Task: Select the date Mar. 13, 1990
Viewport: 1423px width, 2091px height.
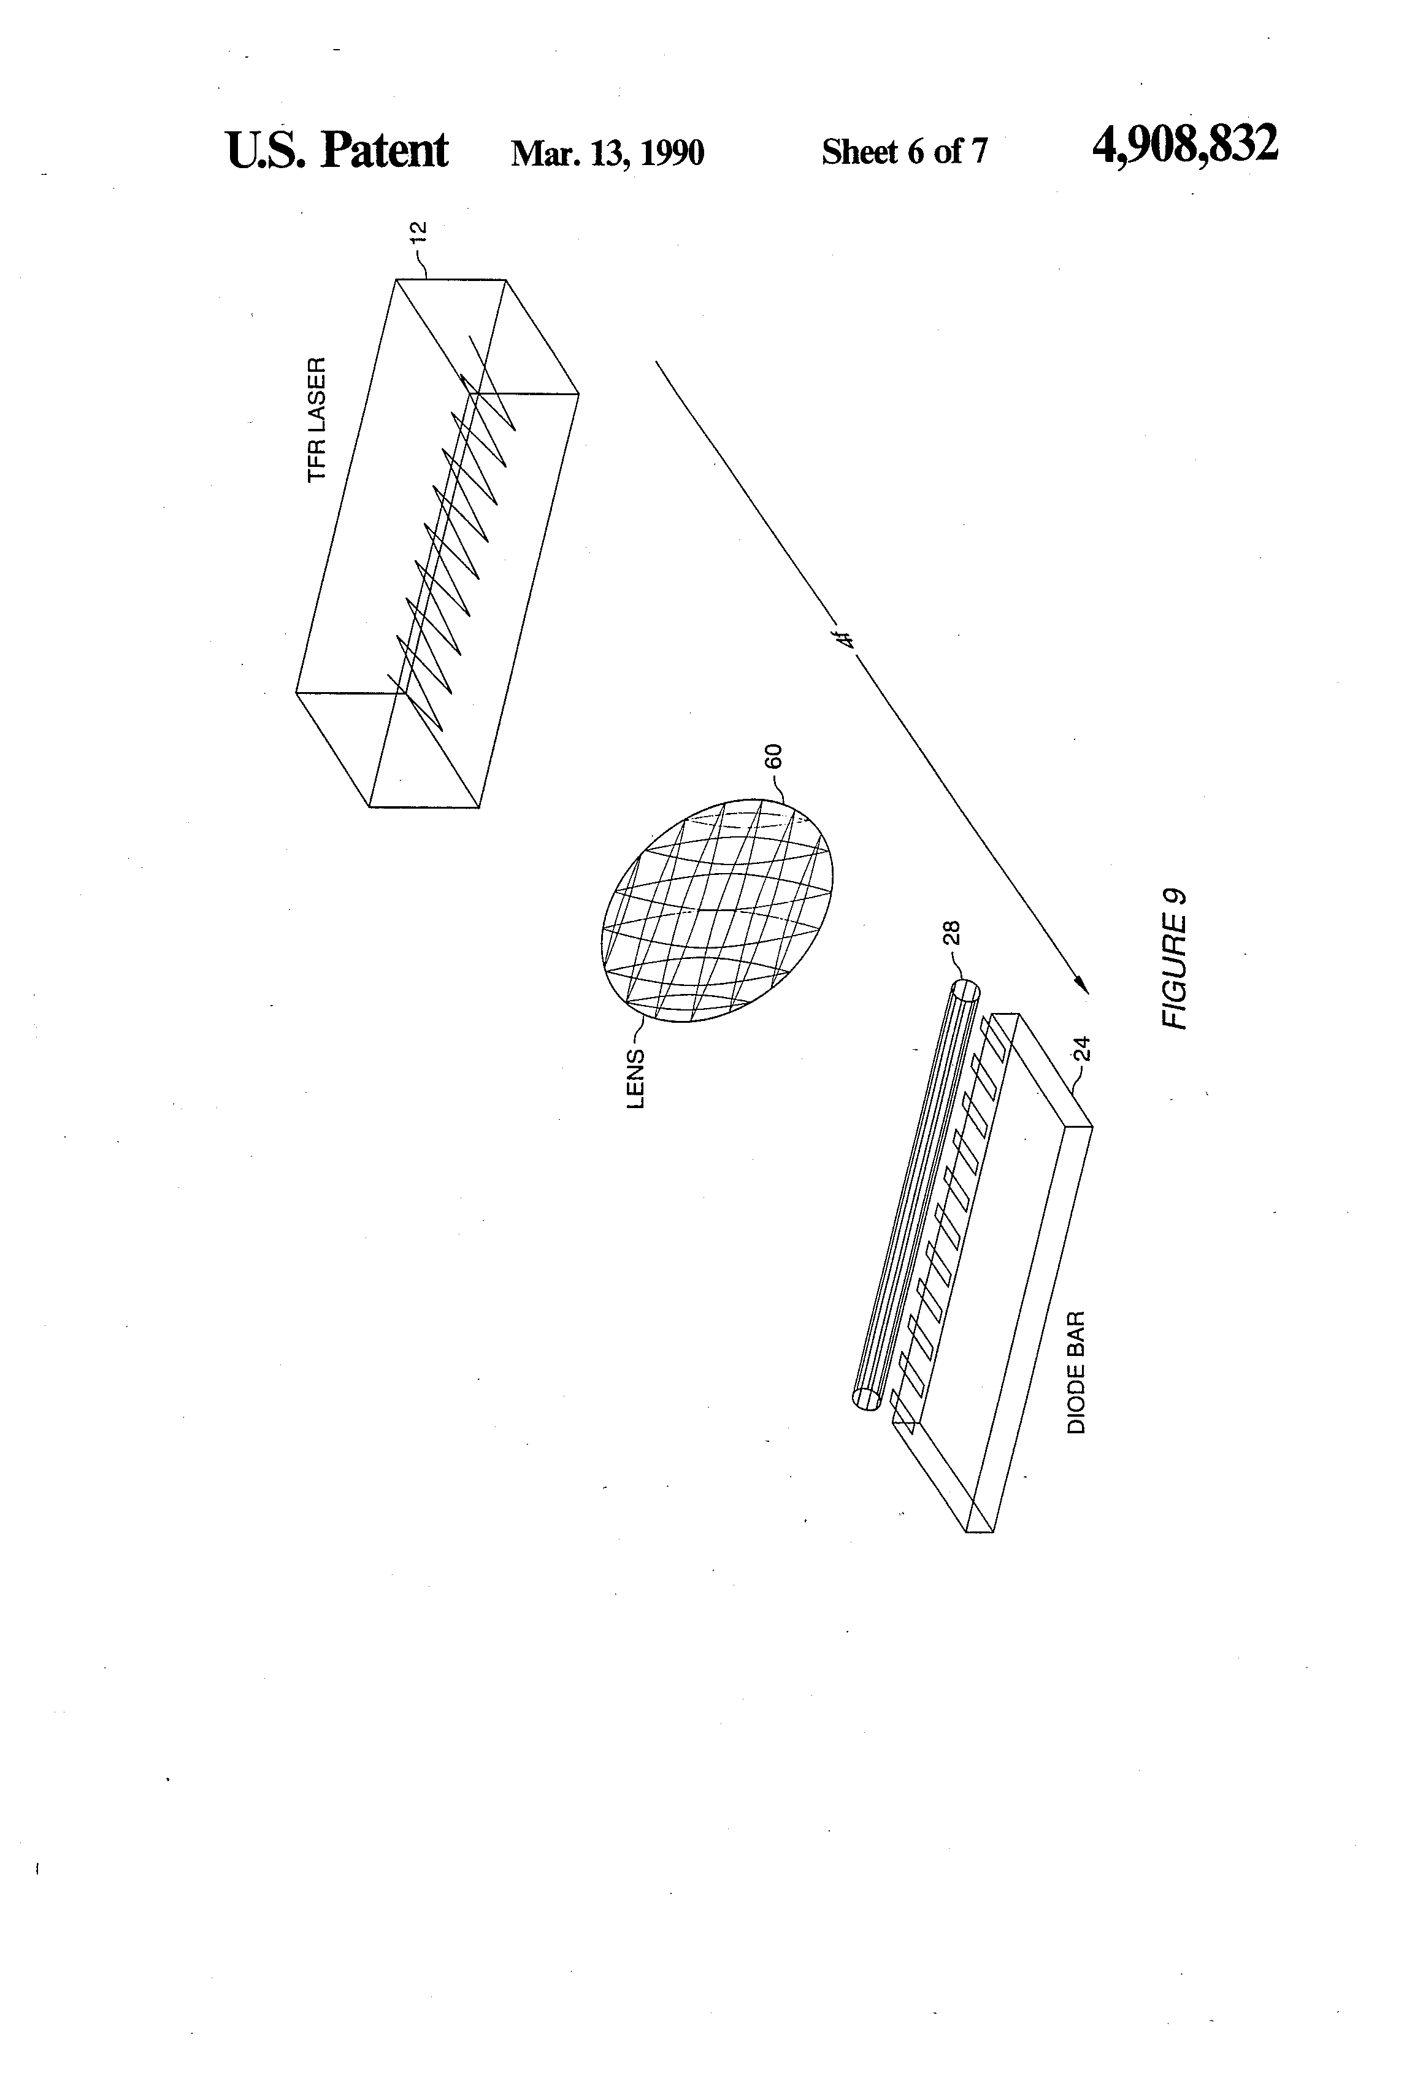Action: click(x=607, y=153)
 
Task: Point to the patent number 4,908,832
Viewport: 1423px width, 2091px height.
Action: click(x=1184, y=144)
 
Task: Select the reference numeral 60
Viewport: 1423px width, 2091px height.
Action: click(x=773, y=756)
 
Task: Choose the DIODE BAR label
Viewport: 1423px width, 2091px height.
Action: click(x=1076, y=1372)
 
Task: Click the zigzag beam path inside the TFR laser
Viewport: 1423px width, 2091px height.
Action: click(x=450, y=549)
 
